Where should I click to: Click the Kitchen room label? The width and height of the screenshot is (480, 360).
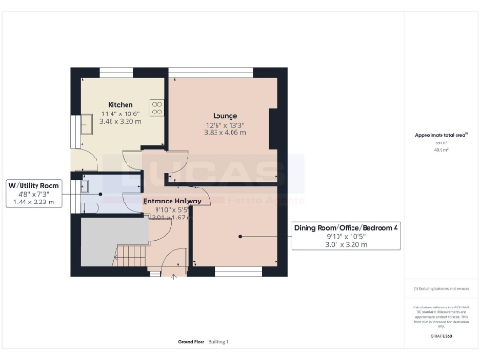[119, 104]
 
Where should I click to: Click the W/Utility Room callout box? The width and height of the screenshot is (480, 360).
[34, 193]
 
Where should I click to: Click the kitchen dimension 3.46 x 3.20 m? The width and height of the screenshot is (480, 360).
[119, 122]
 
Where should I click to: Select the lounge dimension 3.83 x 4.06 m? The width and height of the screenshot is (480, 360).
[224, 132]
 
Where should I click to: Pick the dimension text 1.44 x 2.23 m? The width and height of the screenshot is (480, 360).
[34, 203]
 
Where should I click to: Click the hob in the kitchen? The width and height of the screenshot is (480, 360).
[156, 108]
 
